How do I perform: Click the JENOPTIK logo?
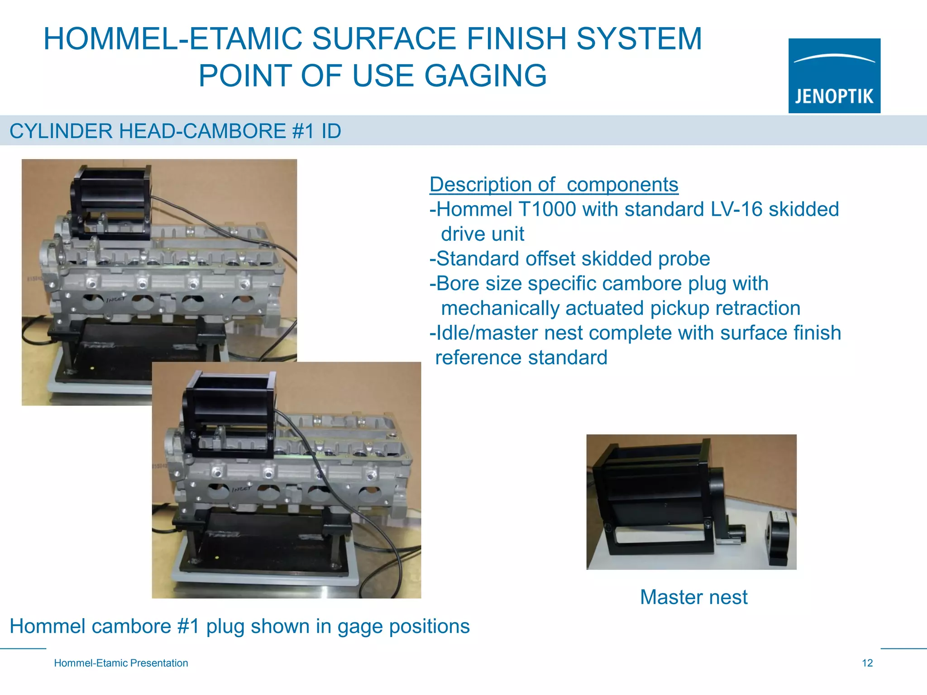click(x=834, y=76)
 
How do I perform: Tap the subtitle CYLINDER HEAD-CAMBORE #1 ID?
click(x=175, y=131)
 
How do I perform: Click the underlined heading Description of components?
click(x=554, y=185)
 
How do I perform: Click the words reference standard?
click(x=521, y=358)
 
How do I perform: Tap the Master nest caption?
click(x=693, y=597)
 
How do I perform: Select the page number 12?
click(x=867, y=663)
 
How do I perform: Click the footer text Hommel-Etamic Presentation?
click(x=121, y=663)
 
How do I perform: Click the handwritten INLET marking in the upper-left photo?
click(x=115, y=300)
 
